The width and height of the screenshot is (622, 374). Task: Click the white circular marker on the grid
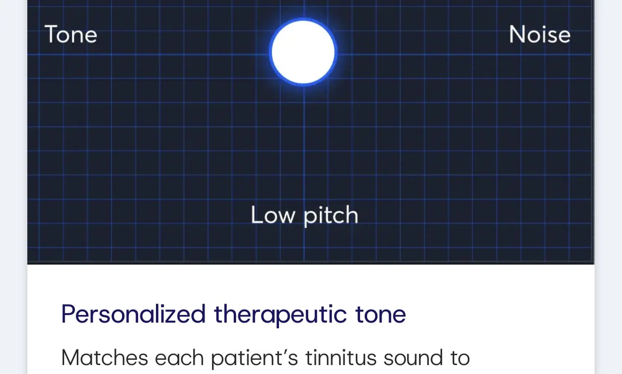click(303, 52)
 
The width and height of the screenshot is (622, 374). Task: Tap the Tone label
click(71, 34)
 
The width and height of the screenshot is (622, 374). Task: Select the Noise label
click(540, 34)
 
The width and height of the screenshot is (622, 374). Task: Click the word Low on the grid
click(273, 215)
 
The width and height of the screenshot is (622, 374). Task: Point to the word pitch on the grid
click(331, 216)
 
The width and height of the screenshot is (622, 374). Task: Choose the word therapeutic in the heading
click(281, 315)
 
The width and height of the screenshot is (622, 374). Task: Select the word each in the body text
click(179, 358)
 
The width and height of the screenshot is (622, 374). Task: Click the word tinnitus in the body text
click(341, 358)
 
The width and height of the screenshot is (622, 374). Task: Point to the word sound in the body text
click(413, 358)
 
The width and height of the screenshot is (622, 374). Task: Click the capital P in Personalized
click(69, 314)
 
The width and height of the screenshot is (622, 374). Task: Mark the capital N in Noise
click(518, 34)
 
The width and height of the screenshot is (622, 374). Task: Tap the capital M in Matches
click(72, 358)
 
